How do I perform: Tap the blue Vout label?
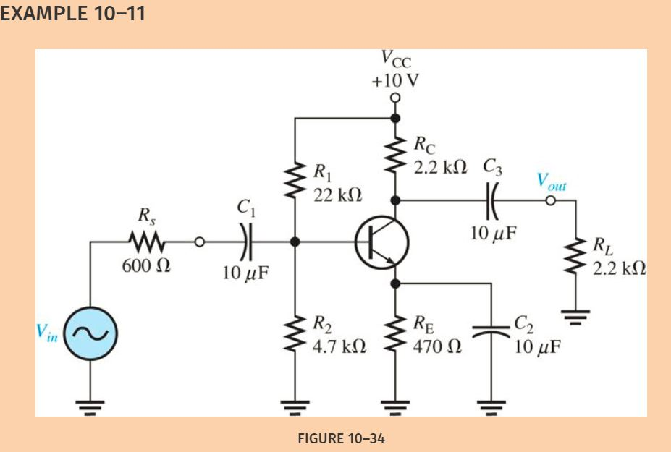point(551,182)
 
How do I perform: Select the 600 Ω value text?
point(147,266)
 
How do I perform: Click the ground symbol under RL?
point(575,315)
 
